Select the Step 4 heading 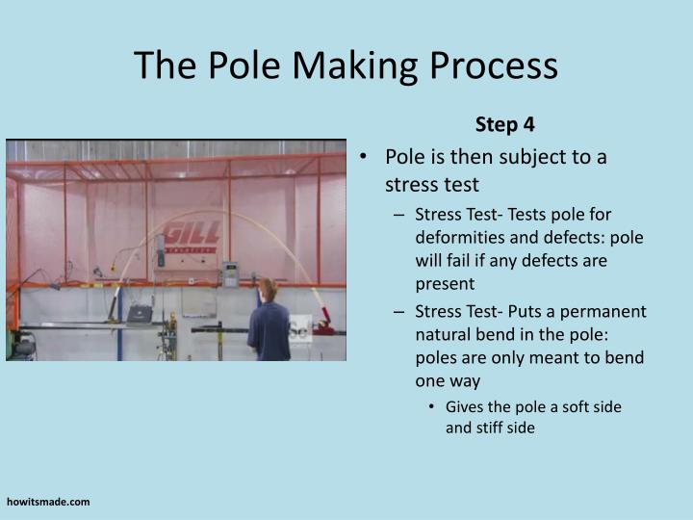(x=504, y=124)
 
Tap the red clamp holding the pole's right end (x=324, y=320)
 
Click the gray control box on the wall (x=231, y=273)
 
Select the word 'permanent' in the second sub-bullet (x=610, y=311)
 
